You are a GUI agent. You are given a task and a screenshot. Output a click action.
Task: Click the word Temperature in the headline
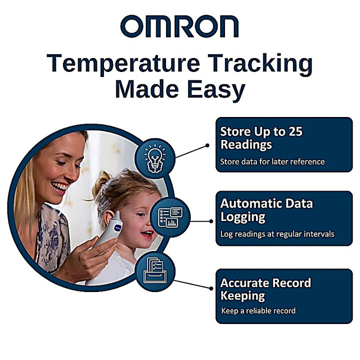(117, 64)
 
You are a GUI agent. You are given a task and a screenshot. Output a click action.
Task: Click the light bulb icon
(155, 158)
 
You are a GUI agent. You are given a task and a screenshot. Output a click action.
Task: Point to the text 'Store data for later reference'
(272, 161)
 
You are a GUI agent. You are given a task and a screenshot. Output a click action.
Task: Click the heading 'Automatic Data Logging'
(266, 210)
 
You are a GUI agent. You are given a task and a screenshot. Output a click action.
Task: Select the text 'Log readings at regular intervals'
(277, 233)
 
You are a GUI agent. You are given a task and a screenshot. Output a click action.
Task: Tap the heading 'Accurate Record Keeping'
(265, 289)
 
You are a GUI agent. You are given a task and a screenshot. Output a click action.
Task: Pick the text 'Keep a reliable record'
(258, 310)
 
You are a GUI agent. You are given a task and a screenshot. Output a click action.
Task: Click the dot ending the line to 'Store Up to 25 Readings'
(207, 146)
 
